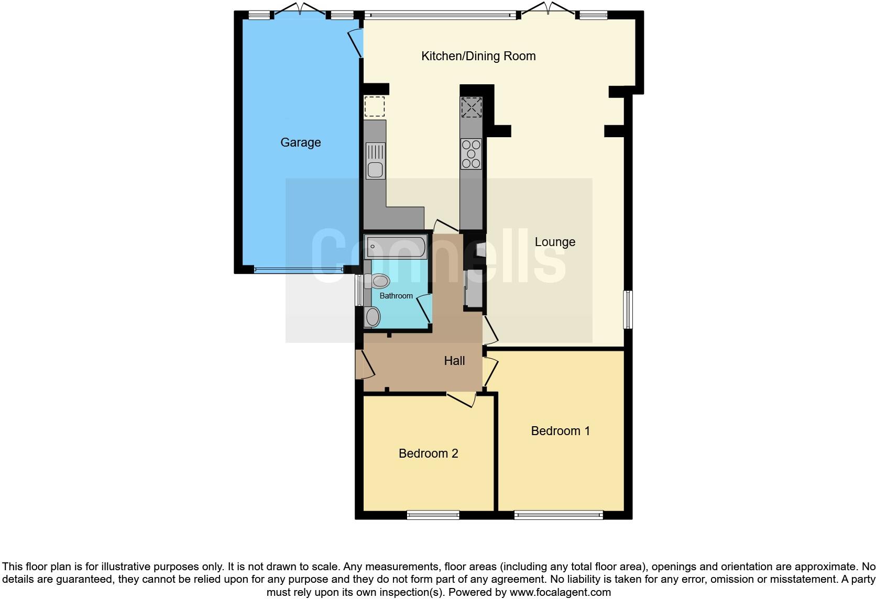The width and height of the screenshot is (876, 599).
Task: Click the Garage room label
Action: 300,142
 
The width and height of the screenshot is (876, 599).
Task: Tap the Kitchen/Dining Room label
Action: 478,56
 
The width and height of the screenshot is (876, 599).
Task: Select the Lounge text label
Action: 555,242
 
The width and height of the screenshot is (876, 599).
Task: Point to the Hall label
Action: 454,361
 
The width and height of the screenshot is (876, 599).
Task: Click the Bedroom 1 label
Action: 560,431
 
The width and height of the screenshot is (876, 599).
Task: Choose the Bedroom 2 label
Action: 428,453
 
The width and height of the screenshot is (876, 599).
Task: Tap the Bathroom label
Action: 396,296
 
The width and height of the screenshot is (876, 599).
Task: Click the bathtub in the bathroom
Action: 396,246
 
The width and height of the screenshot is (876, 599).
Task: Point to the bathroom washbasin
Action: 373,317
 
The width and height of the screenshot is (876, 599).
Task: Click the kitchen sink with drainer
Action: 375,161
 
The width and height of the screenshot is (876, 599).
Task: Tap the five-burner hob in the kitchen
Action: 471,153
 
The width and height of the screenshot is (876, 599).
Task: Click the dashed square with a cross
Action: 471,107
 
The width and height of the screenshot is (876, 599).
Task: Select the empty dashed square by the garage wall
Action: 375,106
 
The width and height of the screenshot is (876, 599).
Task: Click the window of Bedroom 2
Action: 433,515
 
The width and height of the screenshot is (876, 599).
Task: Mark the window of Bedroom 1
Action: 559,515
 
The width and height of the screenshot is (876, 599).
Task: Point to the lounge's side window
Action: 628,309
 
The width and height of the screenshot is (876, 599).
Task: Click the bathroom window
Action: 358,291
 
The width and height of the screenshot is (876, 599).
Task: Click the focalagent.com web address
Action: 560,593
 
